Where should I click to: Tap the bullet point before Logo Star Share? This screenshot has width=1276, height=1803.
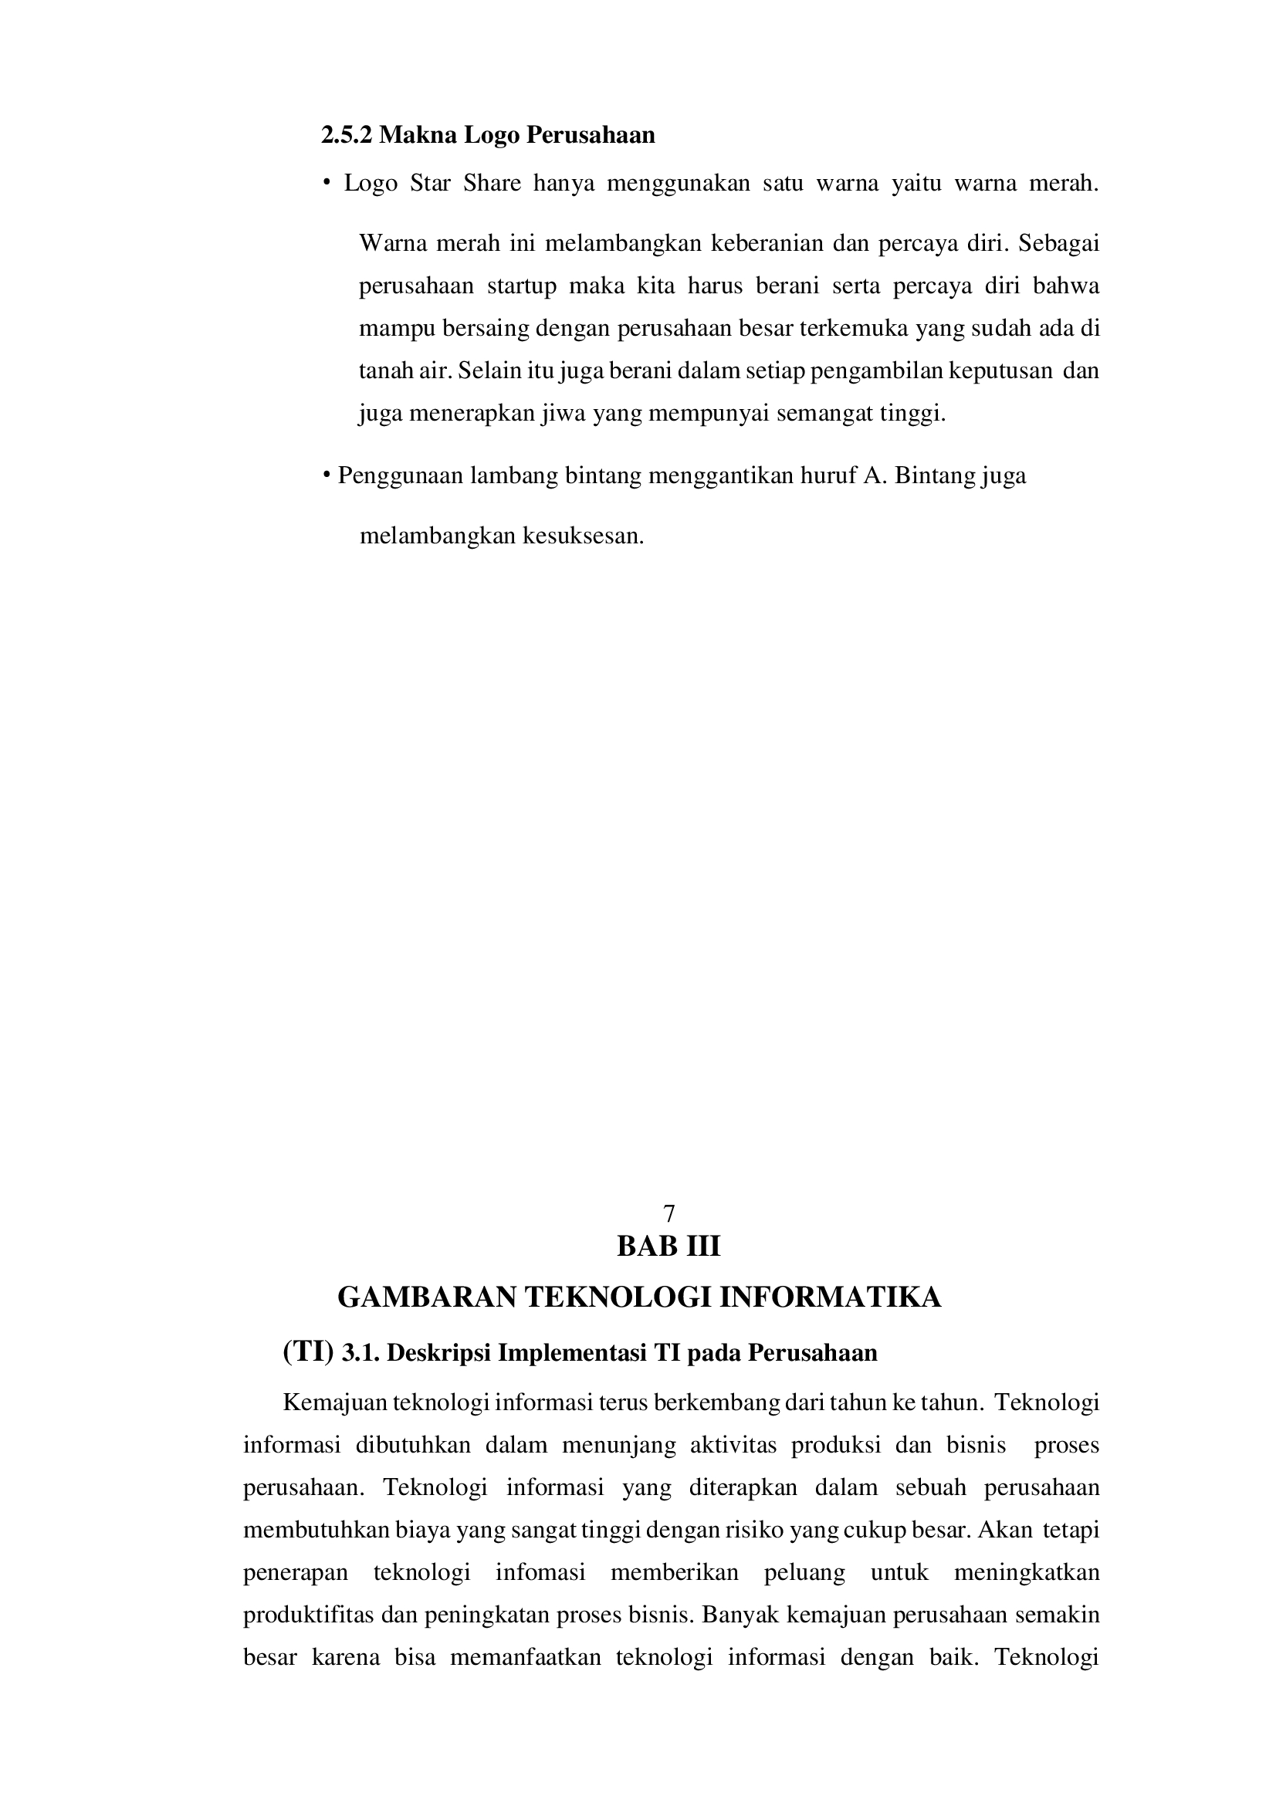[x=324, y=184]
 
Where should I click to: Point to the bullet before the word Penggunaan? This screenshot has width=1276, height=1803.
[x=325, y=476]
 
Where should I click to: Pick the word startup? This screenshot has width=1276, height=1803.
[x=521, y=286]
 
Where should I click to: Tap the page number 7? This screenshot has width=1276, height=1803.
[x=669, y=1215]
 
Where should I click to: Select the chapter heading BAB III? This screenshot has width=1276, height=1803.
[x=668, y=1247]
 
